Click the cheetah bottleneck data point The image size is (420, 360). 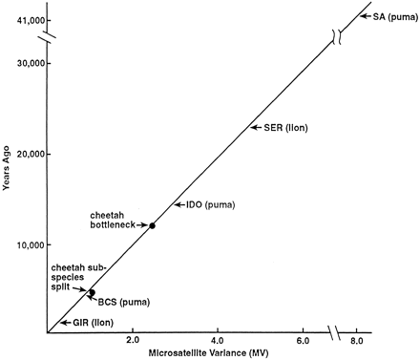click(x=152, y=225)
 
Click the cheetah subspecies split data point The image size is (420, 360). click(x=93, y=291)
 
